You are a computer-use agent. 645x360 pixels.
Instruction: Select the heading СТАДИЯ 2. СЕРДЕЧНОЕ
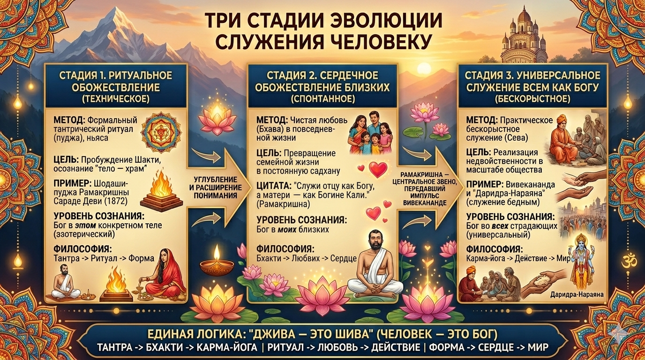[322, 75]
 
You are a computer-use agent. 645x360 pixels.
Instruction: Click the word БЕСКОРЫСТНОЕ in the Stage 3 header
[532, 99]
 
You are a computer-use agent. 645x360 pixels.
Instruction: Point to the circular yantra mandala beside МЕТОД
[161, 133]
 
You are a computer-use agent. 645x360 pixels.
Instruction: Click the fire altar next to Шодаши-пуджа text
[161, 192]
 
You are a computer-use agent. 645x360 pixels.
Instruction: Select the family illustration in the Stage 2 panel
[371, 133]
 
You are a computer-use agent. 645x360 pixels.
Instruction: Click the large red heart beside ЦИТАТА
[378, 169]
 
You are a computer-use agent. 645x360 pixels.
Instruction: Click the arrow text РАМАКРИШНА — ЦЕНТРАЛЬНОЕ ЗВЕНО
[424, 178]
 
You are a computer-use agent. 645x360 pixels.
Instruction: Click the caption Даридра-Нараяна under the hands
[577, 294]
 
